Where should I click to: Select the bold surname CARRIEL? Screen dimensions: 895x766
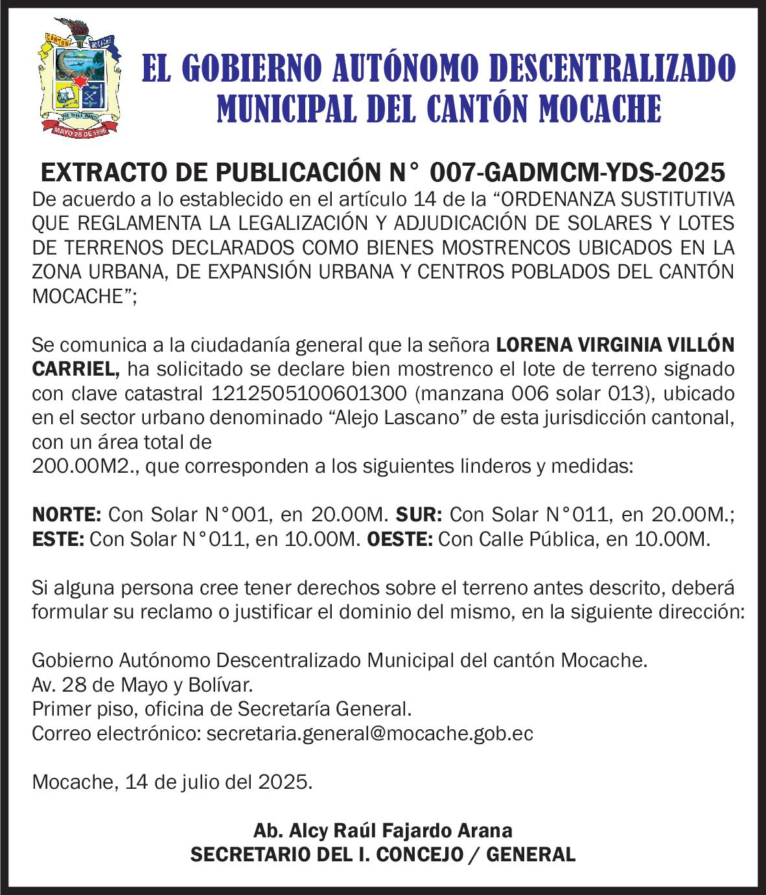click(75, 369)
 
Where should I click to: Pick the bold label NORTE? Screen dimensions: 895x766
click(67, 515)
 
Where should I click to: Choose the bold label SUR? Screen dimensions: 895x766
click(419, 515)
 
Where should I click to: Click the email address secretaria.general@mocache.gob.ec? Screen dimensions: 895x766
click(369, 734)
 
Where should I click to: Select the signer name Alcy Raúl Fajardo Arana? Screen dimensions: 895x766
click(383, 830)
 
